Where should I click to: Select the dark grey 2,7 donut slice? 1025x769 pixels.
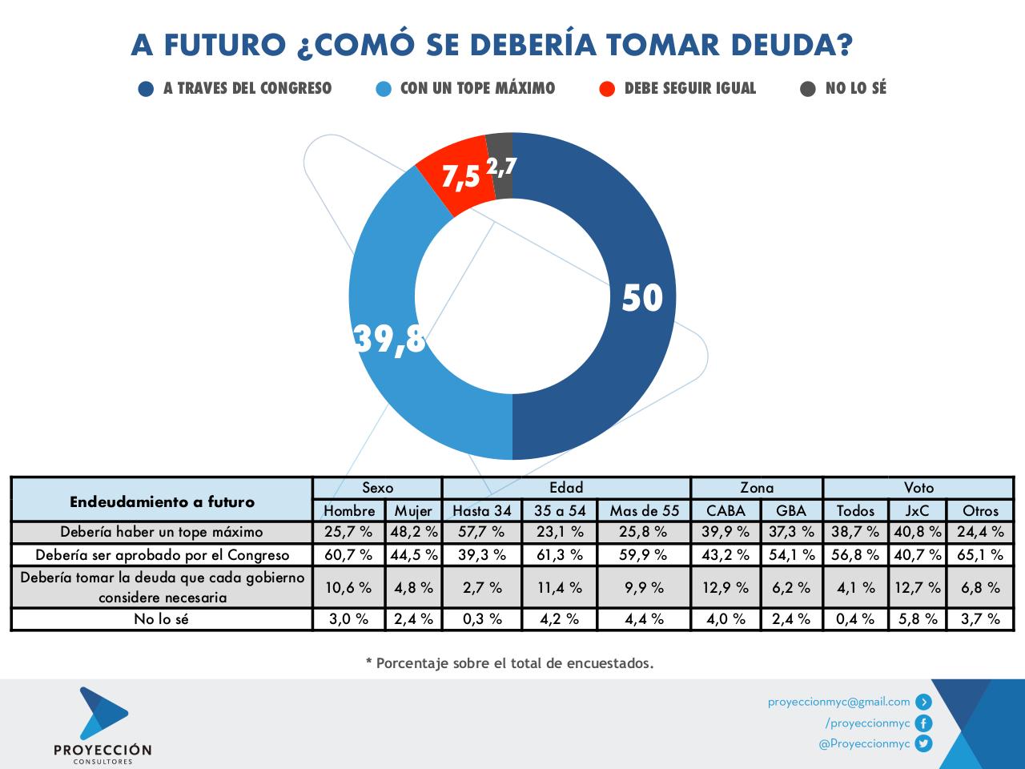[501, 167]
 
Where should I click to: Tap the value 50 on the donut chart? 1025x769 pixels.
[642, 298]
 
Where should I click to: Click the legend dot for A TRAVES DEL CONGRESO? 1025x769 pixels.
[146, 89]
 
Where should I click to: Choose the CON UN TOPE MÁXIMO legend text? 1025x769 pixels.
[477, 89]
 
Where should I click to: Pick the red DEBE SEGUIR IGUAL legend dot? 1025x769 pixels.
[607, 89]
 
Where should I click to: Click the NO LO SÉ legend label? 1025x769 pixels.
[855, 89]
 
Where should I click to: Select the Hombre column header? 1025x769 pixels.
[349, 510]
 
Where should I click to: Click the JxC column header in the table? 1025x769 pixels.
[918, 510]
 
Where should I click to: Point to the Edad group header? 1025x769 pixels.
[566, 487]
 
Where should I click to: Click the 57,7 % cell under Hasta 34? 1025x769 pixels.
[481, 532]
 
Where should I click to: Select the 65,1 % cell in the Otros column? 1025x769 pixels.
[980, 554]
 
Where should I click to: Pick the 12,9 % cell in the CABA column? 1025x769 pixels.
[726, 587]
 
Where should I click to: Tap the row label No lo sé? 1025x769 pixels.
[161, 619]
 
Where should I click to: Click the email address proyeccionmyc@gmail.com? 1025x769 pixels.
[838, 702]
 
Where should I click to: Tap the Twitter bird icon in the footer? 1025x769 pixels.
[924, 743]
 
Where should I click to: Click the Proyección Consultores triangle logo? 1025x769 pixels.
[102, 713]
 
